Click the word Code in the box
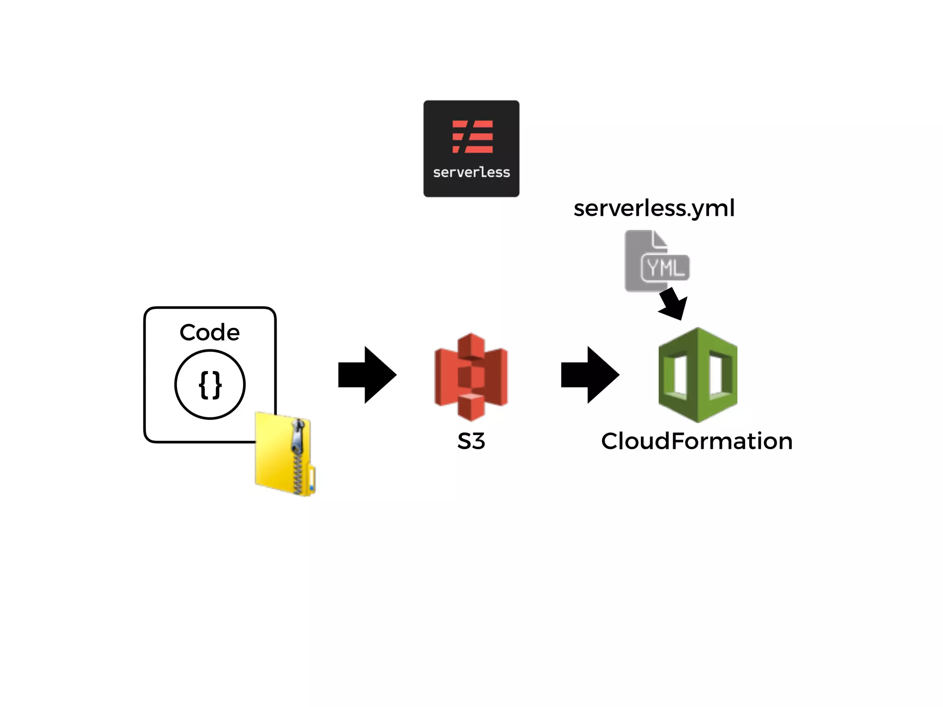point(210,332)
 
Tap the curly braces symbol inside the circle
point(210,385)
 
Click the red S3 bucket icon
point(471,377)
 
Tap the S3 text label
point(471,441)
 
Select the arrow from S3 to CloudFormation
point(590,375)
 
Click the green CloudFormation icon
point(698,375)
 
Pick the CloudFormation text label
point(697,441)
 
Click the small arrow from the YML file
point(674,304)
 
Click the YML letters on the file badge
point(665,267)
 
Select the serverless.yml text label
point(654,209)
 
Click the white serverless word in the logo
point(471,173)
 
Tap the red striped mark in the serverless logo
point(472,137)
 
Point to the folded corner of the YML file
point(659,239)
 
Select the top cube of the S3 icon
point(471,344)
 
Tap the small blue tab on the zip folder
point(312,487)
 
